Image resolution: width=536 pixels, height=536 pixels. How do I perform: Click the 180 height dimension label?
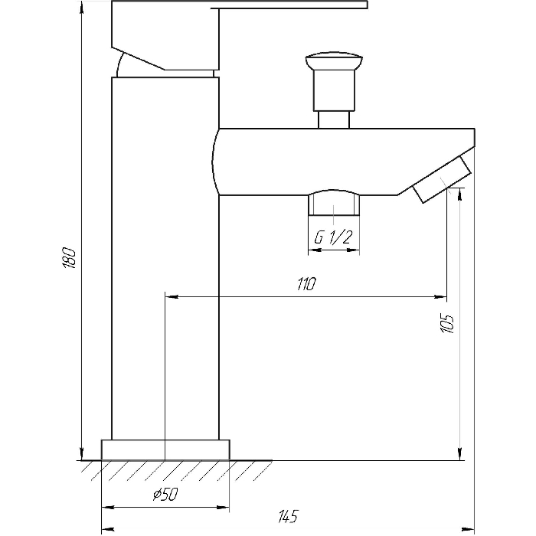click(x=70, y=257)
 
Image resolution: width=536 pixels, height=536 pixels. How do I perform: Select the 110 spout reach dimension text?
click(x=306, y=284)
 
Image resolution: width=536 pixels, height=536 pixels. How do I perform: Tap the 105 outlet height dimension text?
click(x=446, y=322)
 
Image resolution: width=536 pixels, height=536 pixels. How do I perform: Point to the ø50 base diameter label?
click(x=165, y=494)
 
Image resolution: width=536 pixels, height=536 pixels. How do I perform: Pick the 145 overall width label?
click(x=288, y=516)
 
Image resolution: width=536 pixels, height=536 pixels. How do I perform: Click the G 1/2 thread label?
click(x=333, y=237)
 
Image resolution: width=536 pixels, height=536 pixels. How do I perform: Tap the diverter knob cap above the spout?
click(x=334, y=60)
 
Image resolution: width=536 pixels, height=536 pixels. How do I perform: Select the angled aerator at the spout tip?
click(x=443, y=179)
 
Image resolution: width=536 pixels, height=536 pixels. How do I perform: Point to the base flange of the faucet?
click(x=165, y=450)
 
